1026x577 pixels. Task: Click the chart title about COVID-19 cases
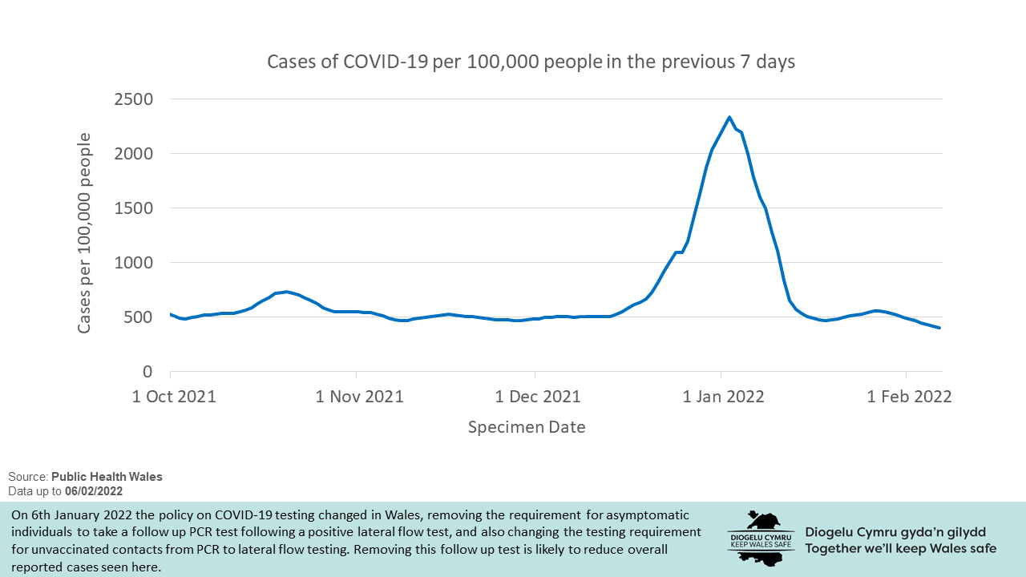coord(531,62)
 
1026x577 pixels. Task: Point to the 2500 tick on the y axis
coord(134,99)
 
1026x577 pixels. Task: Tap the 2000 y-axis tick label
coord(134,154)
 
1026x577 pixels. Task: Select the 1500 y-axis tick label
coord(134,208)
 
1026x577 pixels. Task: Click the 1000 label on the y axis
coord(134,263)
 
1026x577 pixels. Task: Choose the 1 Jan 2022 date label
coord(722,397)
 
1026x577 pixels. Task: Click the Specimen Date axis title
coord(527,427)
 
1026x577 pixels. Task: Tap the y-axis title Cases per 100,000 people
coord(84,232)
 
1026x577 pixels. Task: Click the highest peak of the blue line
coord(729,117)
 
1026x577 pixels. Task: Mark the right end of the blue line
coord(939,328)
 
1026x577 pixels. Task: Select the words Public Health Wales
coord(107,477)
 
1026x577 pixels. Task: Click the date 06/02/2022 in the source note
coord(94,490)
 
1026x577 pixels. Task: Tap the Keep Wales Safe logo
coord(761,537)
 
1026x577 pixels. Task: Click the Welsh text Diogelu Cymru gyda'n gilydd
coord(895,532)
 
